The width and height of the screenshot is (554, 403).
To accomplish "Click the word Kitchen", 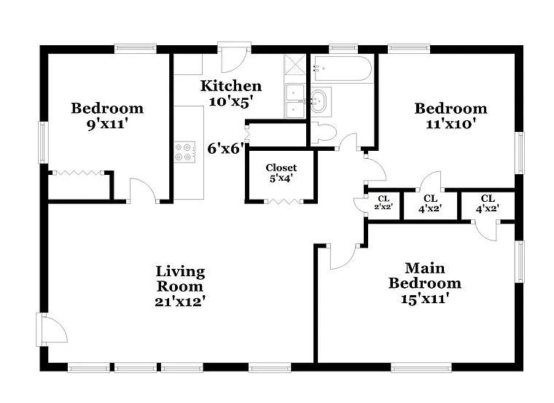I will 231,86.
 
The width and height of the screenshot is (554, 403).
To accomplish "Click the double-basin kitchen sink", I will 295,101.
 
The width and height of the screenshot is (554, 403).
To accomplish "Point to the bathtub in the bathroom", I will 342,69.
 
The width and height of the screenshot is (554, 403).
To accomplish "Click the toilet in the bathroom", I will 322,133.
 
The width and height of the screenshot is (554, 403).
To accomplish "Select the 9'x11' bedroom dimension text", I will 106,125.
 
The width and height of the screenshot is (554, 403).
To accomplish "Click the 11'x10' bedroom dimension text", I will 450,124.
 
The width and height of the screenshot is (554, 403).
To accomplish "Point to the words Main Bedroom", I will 424,275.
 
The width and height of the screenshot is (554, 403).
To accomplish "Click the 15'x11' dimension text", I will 424,298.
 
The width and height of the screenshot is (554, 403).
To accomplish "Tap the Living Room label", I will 180,278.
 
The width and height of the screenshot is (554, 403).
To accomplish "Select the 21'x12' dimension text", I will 180,301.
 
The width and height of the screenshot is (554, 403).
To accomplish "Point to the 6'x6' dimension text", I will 225,149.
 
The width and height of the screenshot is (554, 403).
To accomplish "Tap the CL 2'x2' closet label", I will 383,202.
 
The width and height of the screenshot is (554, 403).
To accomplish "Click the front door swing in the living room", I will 52,329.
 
